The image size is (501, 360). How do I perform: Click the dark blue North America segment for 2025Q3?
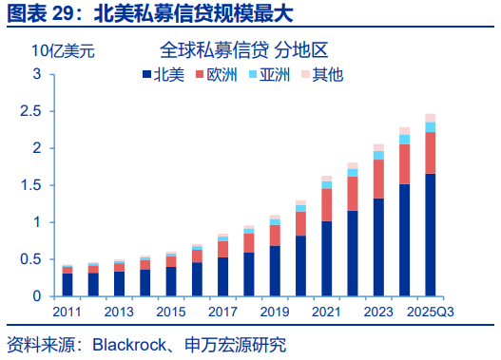(x=431, y=235)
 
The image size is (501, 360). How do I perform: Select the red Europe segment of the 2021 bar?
(x=326, y=204)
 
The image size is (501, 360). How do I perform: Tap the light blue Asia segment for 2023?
(x=378, y=155)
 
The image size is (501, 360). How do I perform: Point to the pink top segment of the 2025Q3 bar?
(x=431, y=118)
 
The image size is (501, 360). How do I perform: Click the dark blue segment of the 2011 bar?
(x=67, y=285)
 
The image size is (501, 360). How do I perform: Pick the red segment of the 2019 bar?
(x=275, y=236)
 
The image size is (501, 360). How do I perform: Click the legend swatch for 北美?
(x=146, y=74)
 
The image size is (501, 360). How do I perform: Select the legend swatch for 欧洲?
(x=200, y=74)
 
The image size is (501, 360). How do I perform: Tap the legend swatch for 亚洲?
(x=253, y=74)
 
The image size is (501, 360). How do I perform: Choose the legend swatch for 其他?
(x=305, y=74)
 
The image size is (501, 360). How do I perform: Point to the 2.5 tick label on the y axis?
(x=30, y=111)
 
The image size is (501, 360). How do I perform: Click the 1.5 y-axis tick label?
(x=30, y=185)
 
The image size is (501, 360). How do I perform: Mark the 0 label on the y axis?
(x=37, y=296)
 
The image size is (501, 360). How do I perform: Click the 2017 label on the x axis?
(x=222, y=312)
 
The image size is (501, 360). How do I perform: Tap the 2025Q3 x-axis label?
(x=431, y=312)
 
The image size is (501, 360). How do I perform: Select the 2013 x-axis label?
(x=119, y=312)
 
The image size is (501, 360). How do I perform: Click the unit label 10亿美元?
(x=64, y=50)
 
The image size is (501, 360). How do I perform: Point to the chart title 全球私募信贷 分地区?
(x=243, y=50)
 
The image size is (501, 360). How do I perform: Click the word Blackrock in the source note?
(x=129, y=345)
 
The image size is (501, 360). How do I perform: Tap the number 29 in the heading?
(x=64, y=14)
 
